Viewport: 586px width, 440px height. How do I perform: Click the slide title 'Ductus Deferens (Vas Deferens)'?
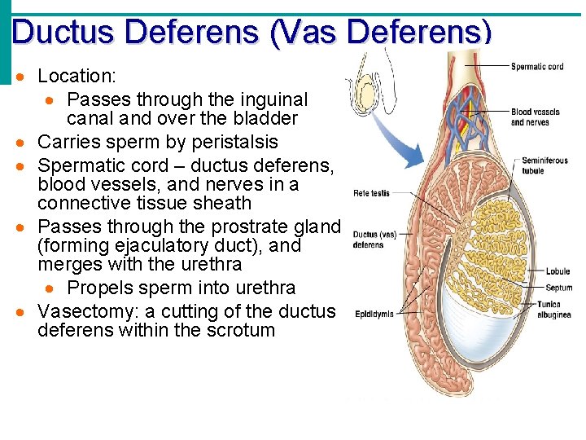pos(252,32)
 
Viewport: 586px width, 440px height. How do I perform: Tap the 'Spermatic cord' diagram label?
pos(537,67)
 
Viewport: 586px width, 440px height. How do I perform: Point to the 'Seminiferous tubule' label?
pos(544,165)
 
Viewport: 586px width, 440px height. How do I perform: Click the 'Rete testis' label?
pos(371,193)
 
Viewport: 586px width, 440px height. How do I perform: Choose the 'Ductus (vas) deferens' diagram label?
pos(374,240)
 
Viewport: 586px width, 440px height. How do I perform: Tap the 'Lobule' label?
pos(558,271)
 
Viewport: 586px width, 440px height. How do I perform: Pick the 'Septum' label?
pos(558,288)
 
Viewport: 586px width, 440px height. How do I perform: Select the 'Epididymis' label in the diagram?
pos(375,313)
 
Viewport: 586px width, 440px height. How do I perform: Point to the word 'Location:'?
pos(77,77)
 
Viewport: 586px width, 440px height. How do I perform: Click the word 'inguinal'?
pos(267,99)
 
